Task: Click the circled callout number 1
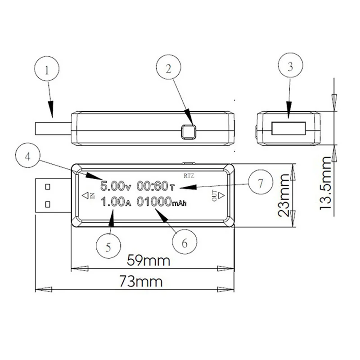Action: coord(47,69)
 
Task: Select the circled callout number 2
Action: coord(168,67)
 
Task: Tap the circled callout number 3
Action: coord(290,65)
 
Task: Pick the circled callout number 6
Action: coord(184,242)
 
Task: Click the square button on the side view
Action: coord(188,132)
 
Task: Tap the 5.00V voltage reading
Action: coord(116,186)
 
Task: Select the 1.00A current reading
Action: coord(116,202)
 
